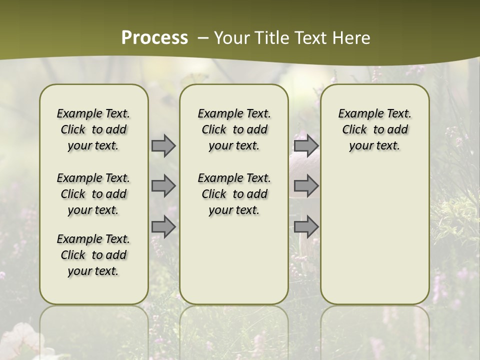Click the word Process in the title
click(x=154, y=38)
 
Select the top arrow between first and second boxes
click(x=163, y=145)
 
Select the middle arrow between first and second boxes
click(x=163, y=186)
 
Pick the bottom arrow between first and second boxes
click(x=163, y=226)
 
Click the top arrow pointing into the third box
click(x=306, y=145)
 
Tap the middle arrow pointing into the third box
click(x=306, y=186)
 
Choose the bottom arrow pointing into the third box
click(x=306, y=226)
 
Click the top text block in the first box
click(x=93, y=129)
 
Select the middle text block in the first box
click(x=93, y=194)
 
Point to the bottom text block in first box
click(x=93, y=255)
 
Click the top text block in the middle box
click(x=234, y=129)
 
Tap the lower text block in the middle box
click(x=234, y=194)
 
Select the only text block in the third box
click(x=374, y=129)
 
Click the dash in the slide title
click(x=203, y=38)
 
